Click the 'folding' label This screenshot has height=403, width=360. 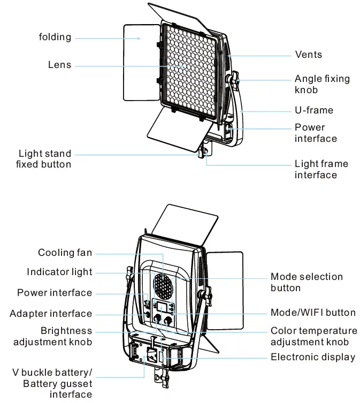(55, 37)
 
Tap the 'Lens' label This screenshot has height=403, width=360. (59, 65)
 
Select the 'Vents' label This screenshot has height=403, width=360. (309, 55)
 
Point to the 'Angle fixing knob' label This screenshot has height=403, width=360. (322, 84)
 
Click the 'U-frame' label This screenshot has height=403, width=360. (313, 110)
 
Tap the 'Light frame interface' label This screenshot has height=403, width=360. (321, 169)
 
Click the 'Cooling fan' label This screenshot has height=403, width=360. (65, 253)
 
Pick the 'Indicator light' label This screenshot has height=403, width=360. (59, 272)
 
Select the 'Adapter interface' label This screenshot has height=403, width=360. (51, 314)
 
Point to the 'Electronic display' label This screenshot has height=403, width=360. (313, 357)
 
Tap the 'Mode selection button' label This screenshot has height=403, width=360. (307, 282)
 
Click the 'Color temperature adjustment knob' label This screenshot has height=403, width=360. (313, 336)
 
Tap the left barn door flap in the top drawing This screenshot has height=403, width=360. (141, 63)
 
